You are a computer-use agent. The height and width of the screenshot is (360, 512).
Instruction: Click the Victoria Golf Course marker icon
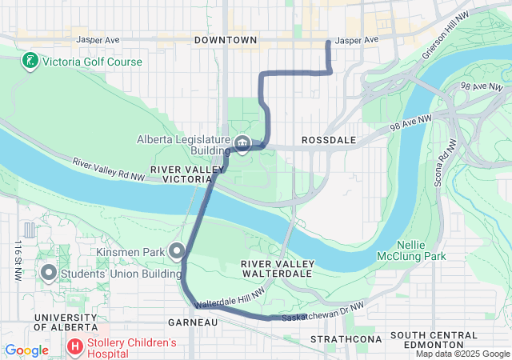[30, 62]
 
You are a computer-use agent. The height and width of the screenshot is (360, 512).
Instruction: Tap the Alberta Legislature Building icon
[243, 144]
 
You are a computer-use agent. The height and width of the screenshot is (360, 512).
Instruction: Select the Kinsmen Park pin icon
[177, 253]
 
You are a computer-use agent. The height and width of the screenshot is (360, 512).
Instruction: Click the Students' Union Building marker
[48, 274]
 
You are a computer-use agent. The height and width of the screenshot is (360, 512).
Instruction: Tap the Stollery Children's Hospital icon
[75, 348]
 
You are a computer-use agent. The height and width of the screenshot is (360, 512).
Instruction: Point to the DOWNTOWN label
[226, 40]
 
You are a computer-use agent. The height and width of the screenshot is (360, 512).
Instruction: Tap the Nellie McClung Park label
[422, 250]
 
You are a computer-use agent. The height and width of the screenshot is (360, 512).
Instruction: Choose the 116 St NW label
[17, 260]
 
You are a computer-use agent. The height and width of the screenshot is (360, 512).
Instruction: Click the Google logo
[26, 350]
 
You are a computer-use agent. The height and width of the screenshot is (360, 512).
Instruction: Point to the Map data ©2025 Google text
[462, 354]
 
